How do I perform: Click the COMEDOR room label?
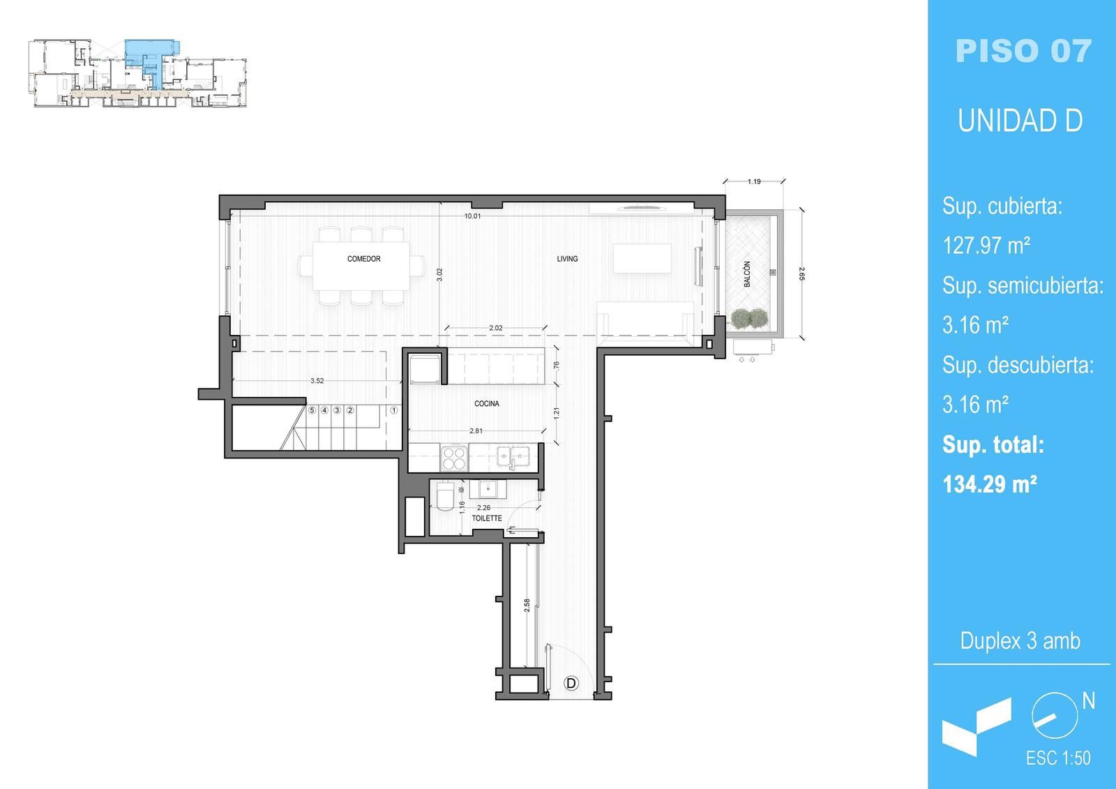tap(363, 259)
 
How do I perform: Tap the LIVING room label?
tap(568, 259)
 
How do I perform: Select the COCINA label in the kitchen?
tap(487, 404)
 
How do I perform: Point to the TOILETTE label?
tap(487, 518)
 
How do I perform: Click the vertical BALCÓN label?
tap(747, 274)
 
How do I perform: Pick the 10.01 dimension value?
tap(472, 216)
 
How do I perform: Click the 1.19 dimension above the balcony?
tap(754, 182)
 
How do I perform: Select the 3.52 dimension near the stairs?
tap(317, 381)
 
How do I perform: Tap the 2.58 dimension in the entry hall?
tap(527, 605)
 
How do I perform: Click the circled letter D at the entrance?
tap(571, 683)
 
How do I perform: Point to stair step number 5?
tap(312, 410)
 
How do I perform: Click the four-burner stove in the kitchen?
tap(454, 458)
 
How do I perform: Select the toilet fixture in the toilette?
tap(445, 497)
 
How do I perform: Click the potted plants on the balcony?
tap(749, 318)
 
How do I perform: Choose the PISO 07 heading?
tap(1023, 52)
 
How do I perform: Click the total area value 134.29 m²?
tap(990, 484)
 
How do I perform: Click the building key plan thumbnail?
tap(137, 73)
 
